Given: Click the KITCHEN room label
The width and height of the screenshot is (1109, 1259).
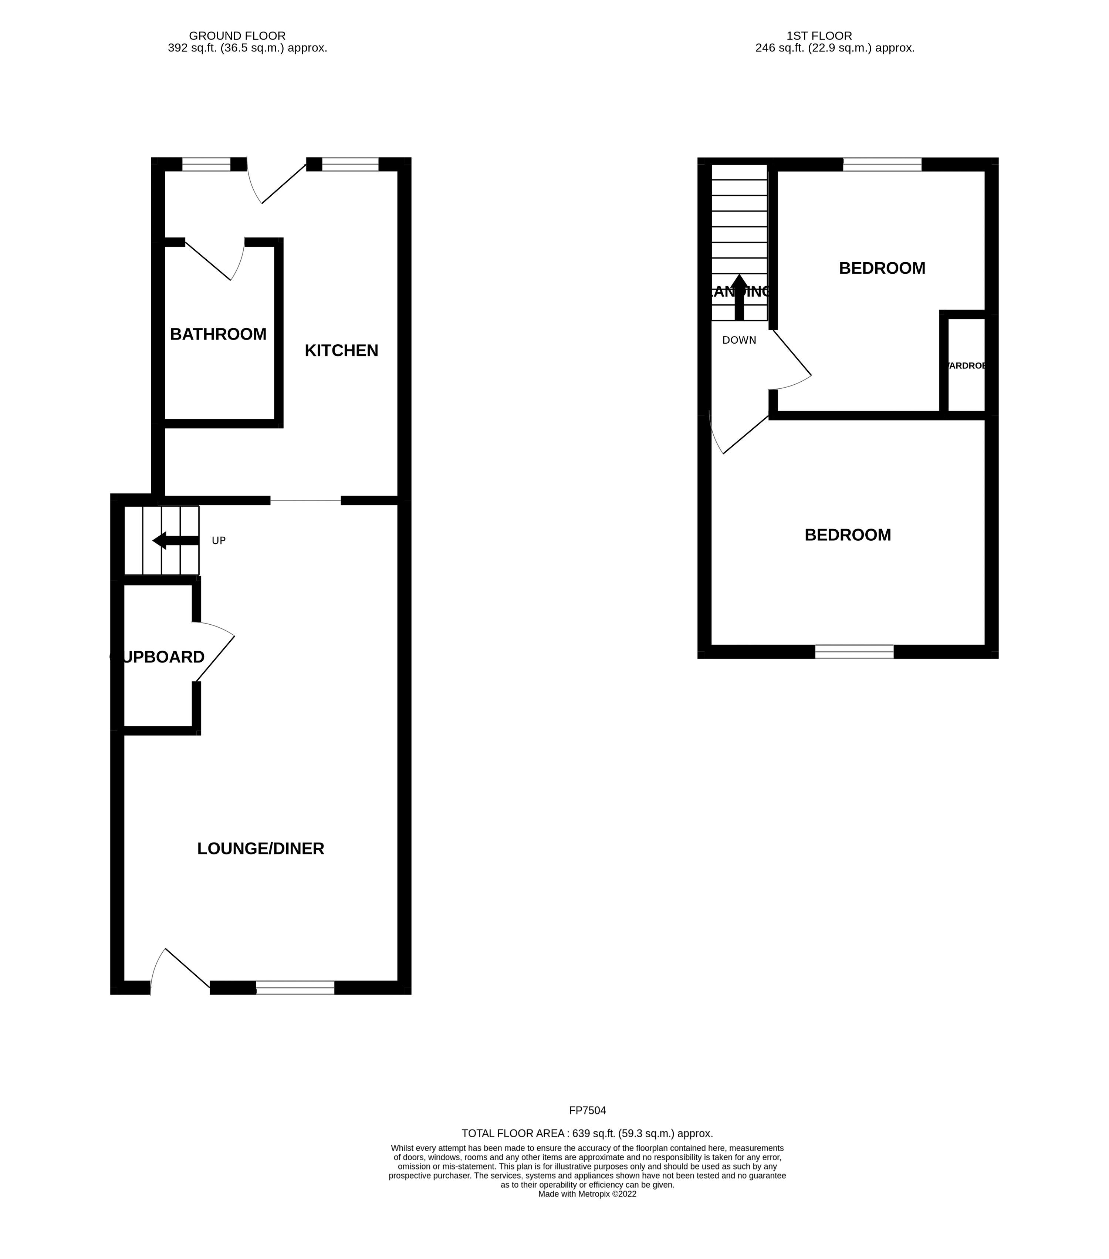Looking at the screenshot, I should click(x=341, y=351).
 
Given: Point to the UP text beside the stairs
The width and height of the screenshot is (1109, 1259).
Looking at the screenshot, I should click(x=219, y=540).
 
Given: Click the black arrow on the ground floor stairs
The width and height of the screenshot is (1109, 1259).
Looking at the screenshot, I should click(x=176, y=540).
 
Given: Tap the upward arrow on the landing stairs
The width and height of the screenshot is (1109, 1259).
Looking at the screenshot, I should click(x=739, y=297).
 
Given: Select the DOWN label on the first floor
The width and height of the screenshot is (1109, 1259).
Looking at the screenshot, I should click(x=739, y=340).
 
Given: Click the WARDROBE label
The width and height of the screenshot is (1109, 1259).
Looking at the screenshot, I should click(x=967, y=365).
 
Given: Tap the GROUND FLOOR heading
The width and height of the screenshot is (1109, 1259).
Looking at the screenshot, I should click(x=237, y=36).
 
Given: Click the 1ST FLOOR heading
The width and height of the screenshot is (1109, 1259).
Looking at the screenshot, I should click(x=819, y=36).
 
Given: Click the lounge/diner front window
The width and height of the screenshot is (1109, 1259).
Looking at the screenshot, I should click(x=295, y=988).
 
